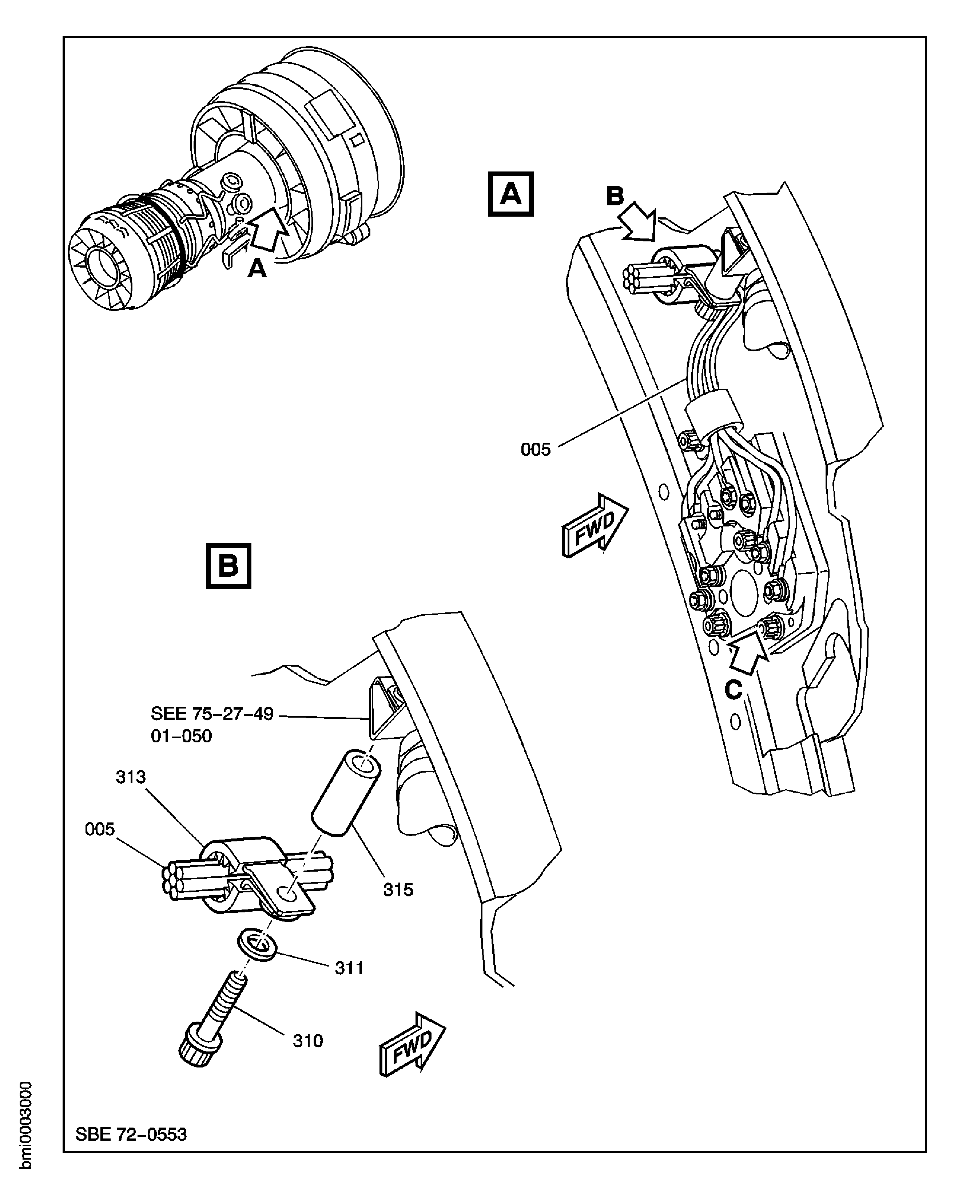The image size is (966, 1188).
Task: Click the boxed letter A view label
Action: [x=510, y=194]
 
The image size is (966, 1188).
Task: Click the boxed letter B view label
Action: [x=228, y=566]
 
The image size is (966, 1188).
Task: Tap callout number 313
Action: [x=131, y=777]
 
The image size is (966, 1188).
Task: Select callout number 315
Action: [x=398, y=889]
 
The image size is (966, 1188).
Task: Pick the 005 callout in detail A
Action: [x=535, y=449]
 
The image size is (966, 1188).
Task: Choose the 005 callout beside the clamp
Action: [x=100, y=829]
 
